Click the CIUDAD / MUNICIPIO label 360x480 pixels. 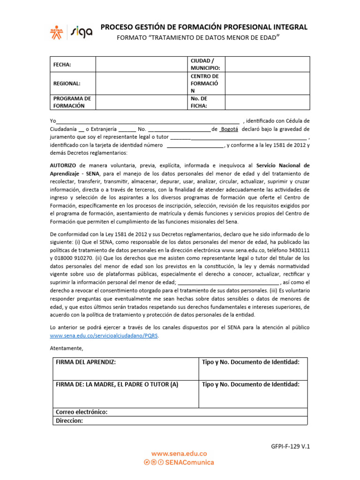202,64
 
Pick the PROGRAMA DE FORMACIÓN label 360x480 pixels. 72,102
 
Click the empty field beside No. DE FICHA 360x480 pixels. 267,102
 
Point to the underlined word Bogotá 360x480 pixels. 229,128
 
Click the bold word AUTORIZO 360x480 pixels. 63,165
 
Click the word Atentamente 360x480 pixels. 66,348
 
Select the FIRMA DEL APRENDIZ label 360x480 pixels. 85,362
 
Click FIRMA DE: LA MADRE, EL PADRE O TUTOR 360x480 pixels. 117,384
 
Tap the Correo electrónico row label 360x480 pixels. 82,412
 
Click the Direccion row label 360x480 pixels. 69,420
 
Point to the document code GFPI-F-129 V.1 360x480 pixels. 291,447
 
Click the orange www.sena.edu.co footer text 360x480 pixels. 179,453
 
